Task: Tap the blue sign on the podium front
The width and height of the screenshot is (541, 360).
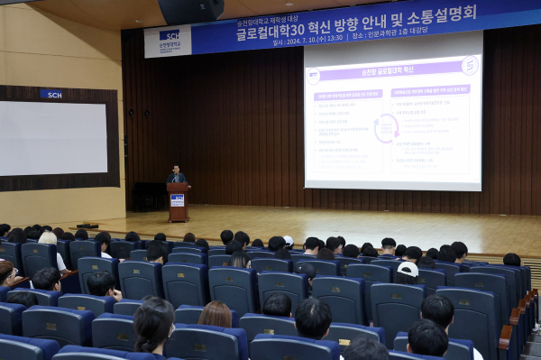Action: click(178, 200)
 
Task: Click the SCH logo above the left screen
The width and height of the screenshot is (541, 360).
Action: click(51, 94)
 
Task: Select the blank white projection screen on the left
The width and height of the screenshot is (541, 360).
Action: click(53, 137)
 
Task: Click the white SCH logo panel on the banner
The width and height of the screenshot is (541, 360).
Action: click(168, 40)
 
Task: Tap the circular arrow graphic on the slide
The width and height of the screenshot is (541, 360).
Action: click(386, 128)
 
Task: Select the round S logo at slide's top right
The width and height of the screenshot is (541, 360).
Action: click(470, 65)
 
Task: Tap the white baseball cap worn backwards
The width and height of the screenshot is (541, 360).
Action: click(408, 269)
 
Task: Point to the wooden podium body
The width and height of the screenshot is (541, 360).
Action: click(178, 206)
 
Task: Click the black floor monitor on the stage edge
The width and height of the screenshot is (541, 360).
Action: click(87, 225)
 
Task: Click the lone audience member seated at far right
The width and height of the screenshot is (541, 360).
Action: click(512, 260)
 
